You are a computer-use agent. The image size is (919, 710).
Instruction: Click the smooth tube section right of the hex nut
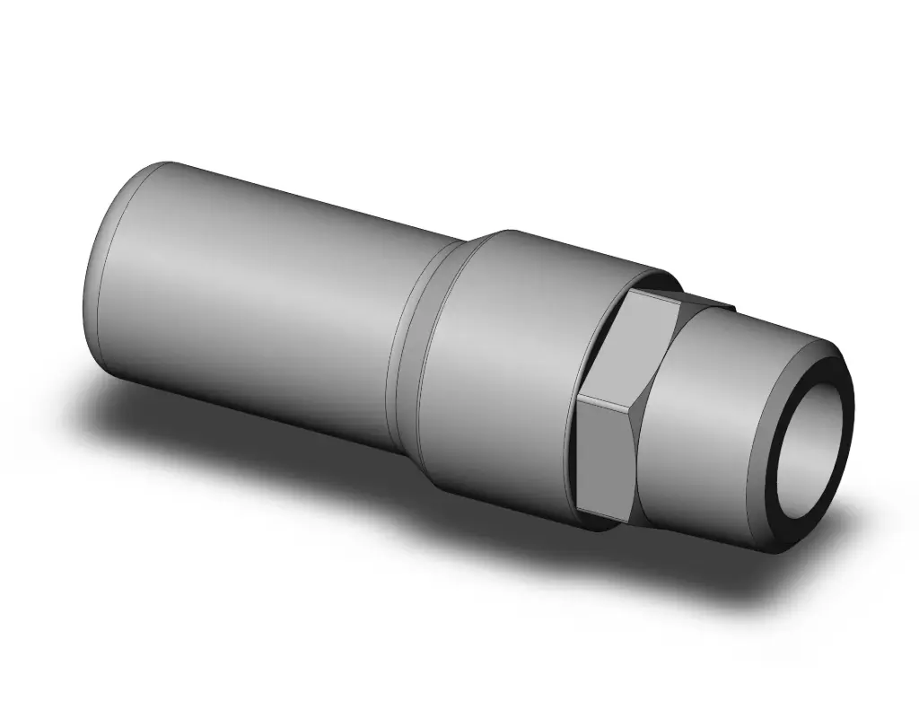tap(709, 431)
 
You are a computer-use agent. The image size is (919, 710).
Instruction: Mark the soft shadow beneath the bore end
tap(790, 574)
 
